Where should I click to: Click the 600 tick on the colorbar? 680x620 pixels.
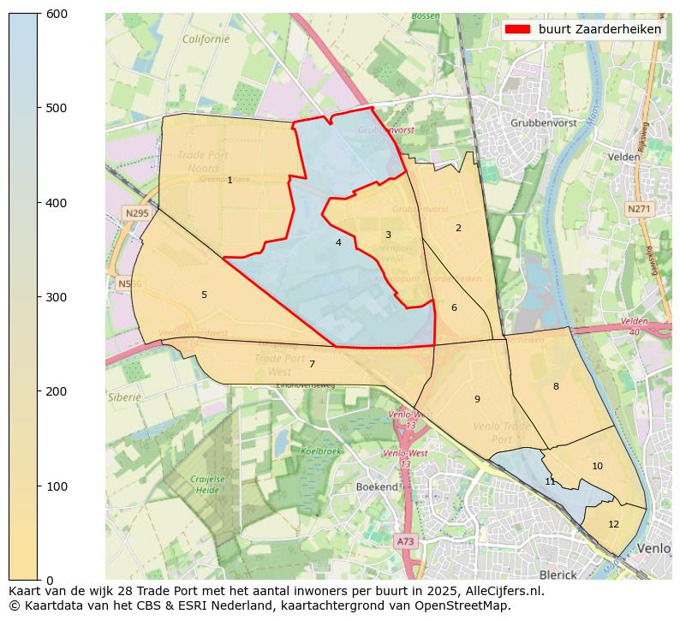coord(39,14)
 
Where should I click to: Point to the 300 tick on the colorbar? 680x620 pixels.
coord(39,297)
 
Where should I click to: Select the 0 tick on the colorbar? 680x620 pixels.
coord(39,580)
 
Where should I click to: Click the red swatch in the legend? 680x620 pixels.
coord(517,29)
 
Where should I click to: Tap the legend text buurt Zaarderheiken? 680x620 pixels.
coord(599,29)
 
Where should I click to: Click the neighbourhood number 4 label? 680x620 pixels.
coord(338,243)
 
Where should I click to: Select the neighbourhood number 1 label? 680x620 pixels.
coord(230,180)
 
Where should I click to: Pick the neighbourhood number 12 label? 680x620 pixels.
coord(613,524)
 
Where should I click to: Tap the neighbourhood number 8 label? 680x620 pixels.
coord(555,387)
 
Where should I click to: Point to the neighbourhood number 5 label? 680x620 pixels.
coord(204,295)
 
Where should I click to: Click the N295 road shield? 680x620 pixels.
coord(136,213)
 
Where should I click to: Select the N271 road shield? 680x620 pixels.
coord(638,209)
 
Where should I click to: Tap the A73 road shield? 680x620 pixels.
coord(405,541)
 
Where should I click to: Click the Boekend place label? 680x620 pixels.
coord(377,486)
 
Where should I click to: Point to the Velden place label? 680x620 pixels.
coord(623,158)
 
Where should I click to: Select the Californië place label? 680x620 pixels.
coord(206,39)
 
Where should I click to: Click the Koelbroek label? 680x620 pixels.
coord(321,451)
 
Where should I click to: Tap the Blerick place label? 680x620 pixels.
coord(558,575)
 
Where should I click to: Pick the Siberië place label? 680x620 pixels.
coord(124,397)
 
